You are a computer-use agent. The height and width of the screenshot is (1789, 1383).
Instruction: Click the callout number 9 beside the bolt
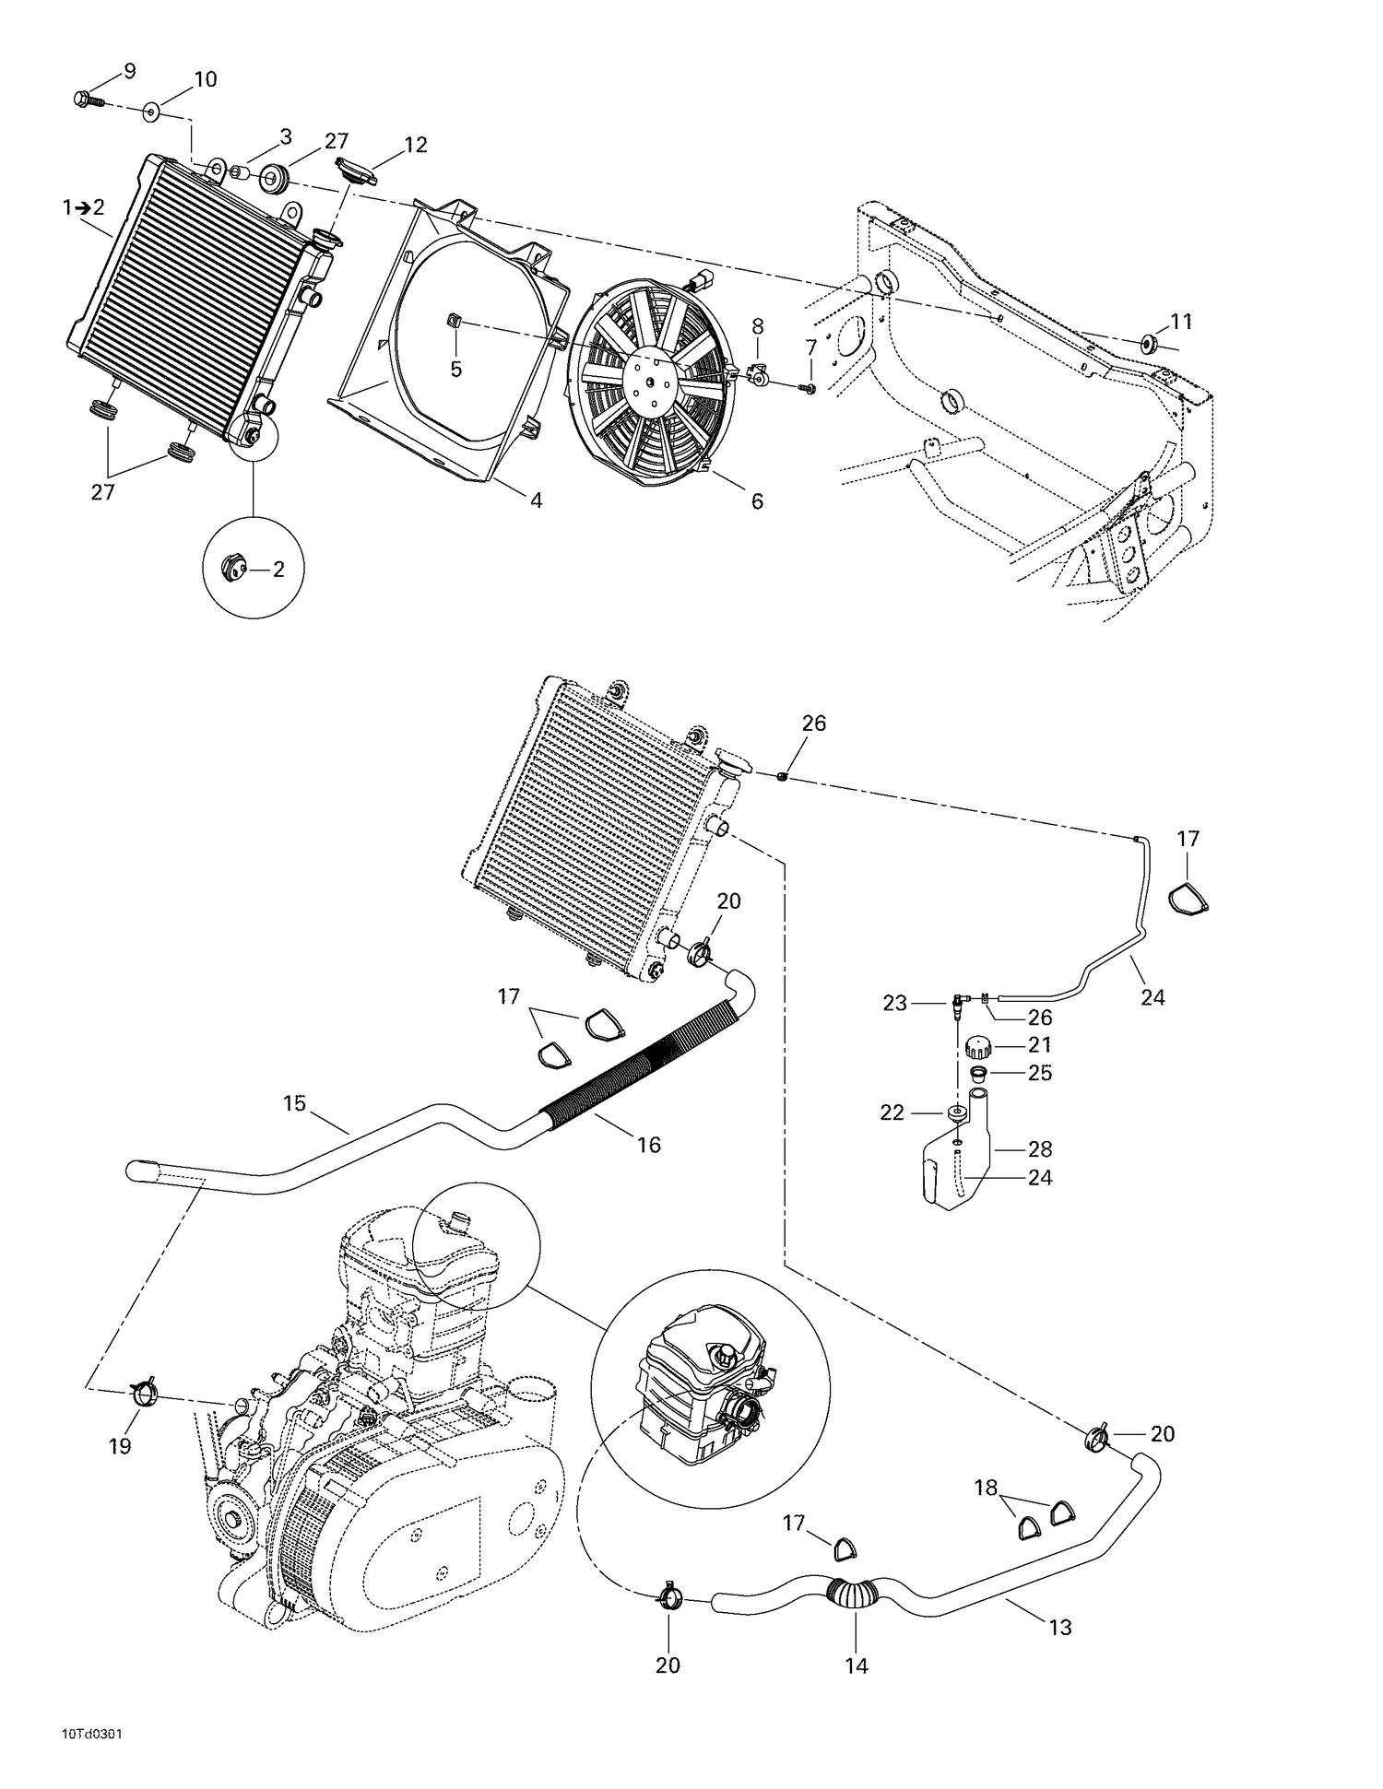128,71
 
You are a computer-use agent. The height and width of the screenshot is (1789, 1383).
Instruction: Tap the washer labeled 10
151,112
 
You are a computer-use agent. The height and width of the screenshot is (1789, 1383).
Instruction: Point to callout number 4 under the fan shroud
536,500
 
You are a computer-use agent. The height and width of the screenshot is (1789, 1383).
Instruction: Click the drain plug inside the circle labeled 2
233,570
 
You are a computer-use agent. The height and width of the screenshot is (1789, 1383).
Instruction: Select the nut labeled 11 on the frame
1149,345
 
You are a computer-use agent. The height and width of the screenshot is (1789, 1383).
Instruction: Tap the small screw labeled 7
810,389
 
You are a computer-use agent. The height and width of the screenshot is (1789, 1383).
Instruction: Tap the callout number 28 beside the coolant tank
1039,1149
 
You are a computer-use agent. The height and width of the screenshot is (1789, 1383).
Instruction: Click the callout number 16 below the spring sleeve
648,1144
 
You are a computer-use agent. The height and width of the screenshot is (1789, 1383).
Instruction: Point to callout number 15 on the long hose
294,1103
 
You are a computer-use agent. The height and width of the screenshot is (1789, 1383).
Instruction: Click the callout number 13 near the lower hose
1060,1628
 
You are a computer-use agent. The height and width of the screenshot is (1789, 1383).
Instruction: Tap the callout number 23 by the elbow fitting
895,1003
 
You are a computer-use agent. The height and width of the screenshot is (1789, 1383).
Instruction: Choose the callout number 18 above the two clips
987,1488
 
